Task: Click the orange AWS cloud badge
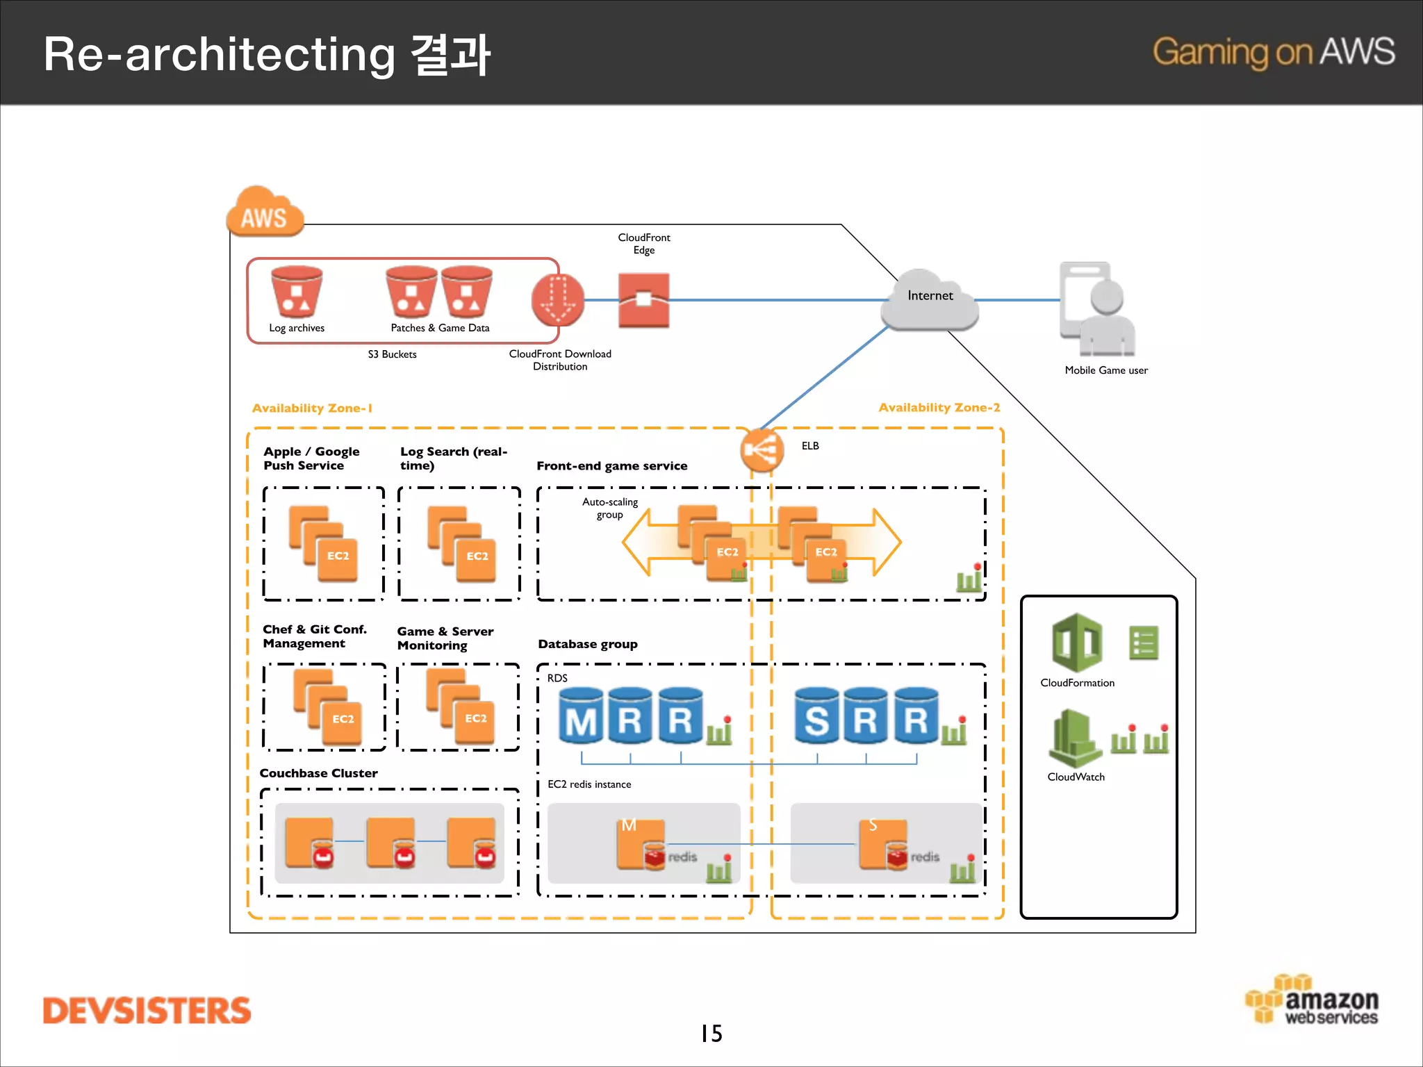[x=265, y=213]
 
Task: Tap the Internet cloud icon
[x=930, y=300]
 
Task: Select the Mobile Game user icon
[x=1097, y=310]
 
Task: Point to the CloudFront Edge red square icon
[x=643, y=299]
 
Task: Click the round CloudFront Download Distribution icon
[x=557, y=300]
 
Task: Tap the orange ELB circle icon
[x=762, y=450]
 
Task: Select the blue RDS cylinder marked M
[x=581, y=716]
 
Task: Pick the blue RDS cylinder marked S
[x=816, y=716]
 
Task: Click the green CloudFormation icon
[x=1076, y=643]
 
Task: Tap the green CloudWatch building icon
[x=1074, y=738]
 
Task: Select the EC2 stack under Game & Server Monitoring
[x=460, y=706]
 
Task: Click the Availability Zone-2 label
[x=939, y=408]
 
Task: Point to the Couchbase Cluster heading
[x=318, y=773]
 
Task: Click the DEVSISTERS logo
[x=147, y=1011]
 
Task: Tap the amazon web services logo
[x=1312, y=1001]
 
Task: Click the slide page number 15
[x=711, y=1034]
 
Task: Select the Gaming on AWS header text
[x=1273, y=52]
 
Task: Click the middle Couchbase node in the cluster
[x=392, y=843]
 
